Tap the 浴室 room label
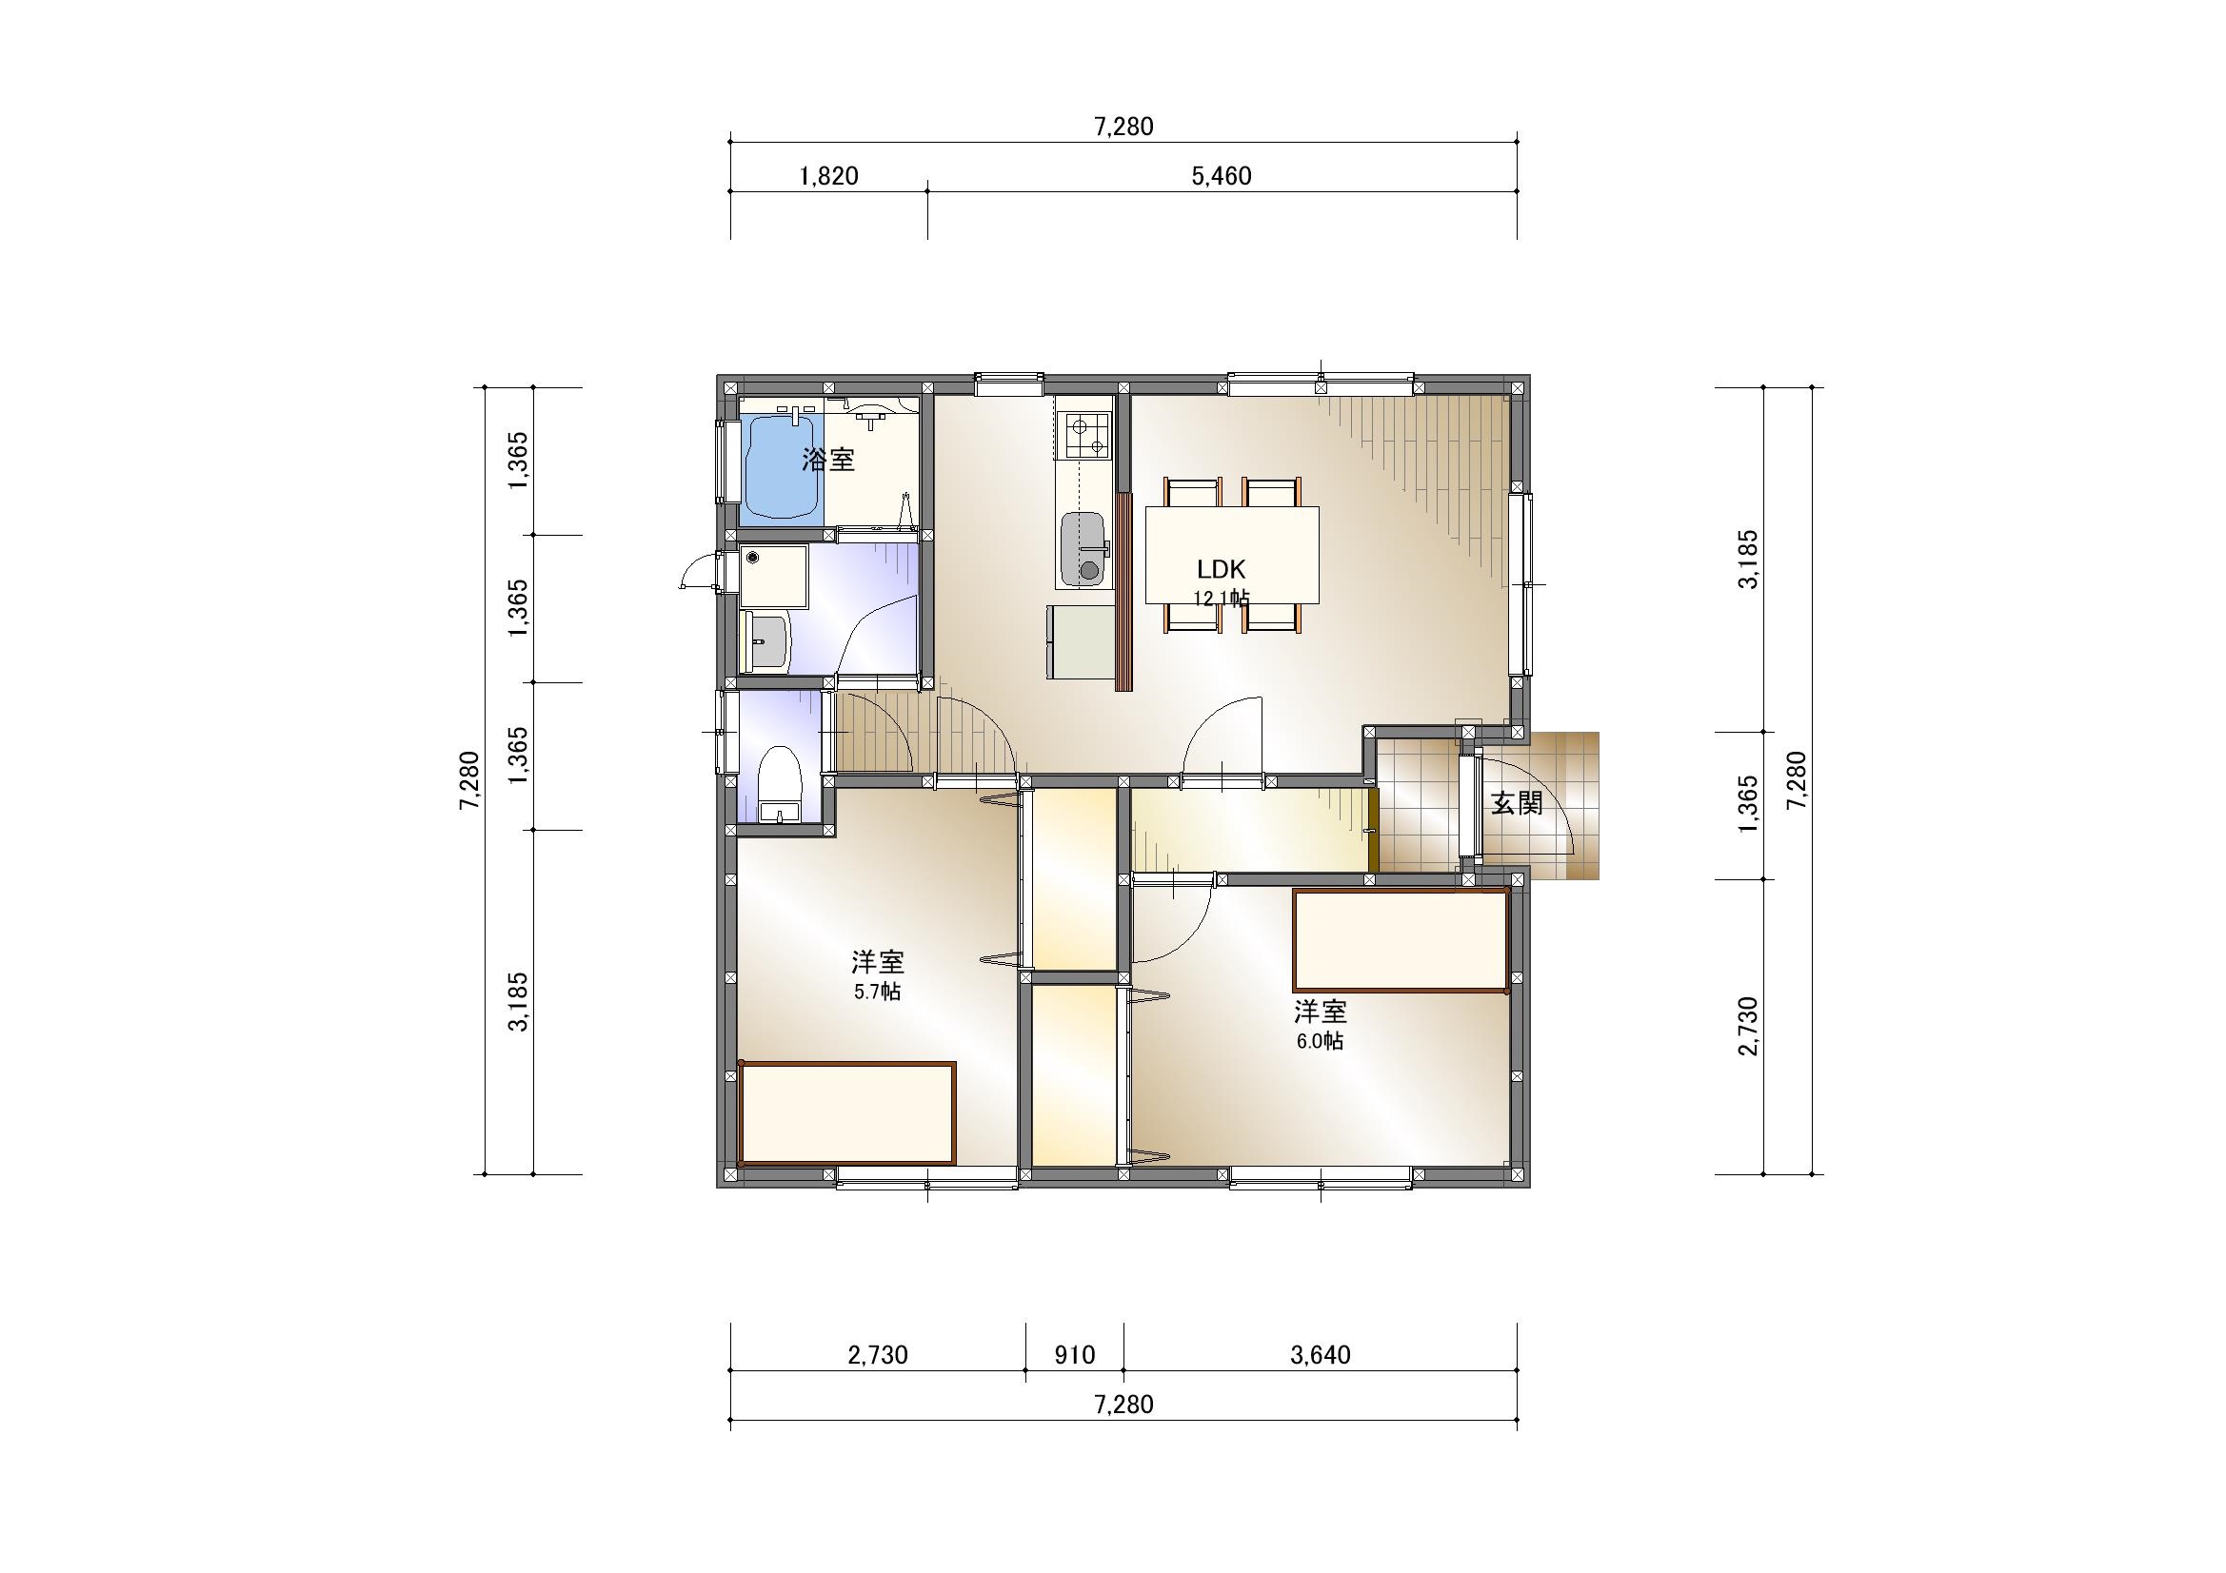[x=829, y=460]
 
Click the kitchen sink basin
[x=1083, y=547]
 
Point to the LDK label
[x=1221, y=570]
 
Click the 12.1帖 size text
[x=1221, y=599]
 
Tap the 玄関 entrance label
[x=1517, y=802]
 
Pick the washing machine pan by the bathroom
[x=774, y=577]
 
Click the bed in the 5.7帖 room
[x=847, y=1112]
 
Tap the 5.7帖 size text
[x=878, y=993]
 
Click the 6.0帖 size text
[x=1320, y=1042]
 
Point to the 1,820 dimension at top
[x=829, y=176]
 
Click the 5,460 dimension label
[x=1222, y=176]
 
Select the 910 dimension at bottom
[x=1074, y=1355]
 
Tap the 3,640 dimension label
[x=1321, y=1355]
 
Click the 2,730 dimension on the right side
[x=1749, y=1027]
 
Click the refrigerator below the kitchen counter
[x=1080, y=641]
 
